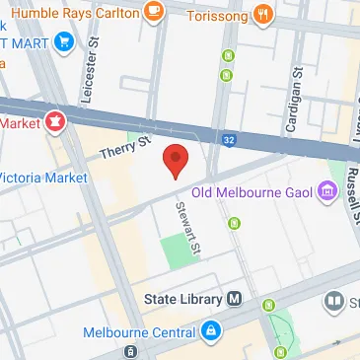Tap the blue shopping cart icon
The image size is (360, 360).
(64, 41)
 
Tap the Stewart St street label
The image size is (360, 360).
(184, 225)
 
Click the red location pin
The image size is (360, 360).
(175, 160)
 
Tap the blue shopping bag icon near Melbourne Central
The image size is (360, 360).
(210, 331)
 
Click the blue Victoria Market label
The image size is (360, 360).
(43, 179)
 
